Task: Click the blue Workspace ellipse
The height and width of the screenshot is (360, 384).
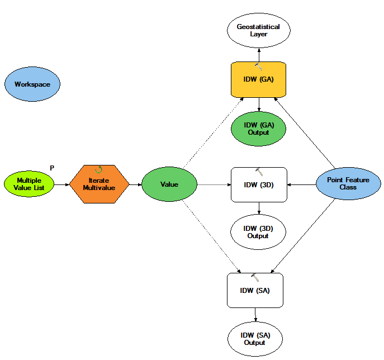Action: (32, 84)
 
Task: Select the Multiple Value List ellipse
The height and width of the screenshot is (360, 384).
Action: (29, 184)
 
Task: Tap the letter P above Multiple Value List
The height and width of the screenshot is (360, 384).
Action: (52, 168)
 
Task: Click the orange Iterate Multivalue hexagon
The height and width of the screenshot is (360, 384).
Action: (99, 184)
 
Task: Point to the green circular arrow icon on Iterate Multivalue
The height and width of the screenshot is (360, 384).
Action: (99, 169)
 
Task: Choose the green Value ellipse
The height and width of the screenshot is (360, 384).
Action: (169, 184)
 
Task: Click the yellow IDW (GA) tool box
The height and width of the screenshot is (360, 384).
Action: (258, 79)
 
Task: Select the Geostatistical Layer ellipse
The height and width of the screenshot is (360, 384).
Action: (259, 30)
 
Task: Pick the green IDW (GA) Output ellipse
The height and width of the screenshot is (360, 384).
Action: (258, 129)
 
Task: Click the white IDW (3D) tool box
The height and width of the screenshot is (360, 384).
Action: (259, 185)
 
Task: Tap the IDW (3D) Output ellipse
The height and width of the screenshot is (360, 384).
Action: (258, 232)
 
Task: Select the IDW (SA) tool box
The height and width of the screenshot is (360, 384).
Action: (255, 291)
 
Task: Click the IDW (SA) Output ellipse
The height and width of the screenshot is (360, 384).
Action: (255, 339)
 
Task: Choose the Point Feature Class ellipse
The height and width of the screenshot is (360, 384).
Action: (348, 184)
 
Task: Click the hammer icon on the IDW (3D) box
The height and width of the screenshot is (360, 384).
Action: (259, 172)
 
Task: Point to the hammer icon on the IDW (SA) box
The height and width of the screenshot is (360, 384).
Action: (255, 277)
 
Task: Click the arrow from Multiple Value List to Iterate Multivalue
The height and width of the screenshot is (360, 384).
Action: (61, 184)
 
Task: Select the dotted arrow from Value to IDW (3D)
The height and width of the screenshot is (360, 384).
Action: (214, 184)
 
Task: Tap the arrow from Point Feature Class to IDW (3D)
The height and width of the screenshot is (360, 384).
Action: (301, 184)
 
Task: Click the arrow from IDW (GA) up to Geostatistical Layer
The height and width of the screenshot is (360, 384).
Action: (259, 55)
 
